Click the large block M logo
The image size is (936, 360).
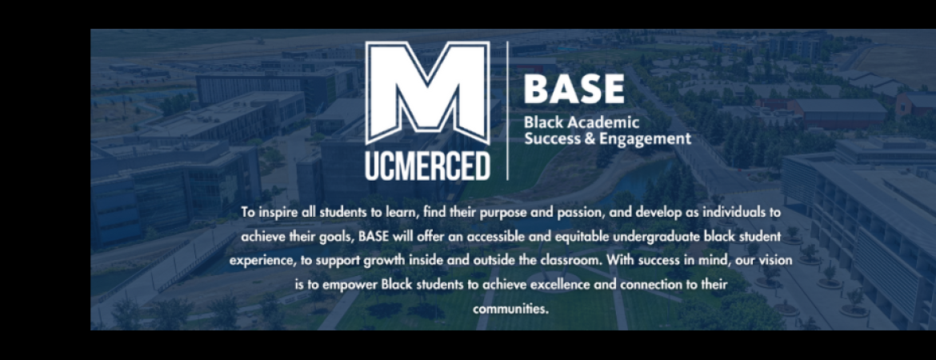click(x=427, y=93)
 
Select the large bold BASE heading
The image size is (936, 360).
click(x=574, y=90)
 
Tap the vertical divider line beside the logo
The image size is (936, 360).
click(x=507, y=110)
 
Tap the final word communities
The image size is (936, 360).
click(x=510, y=309)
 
